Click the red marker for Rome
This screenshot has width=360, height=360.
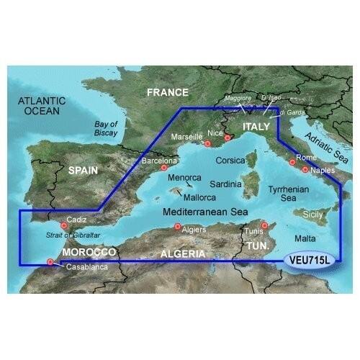pos(292,163)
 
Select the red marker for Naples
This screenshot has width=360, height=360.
pos(305,171)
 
